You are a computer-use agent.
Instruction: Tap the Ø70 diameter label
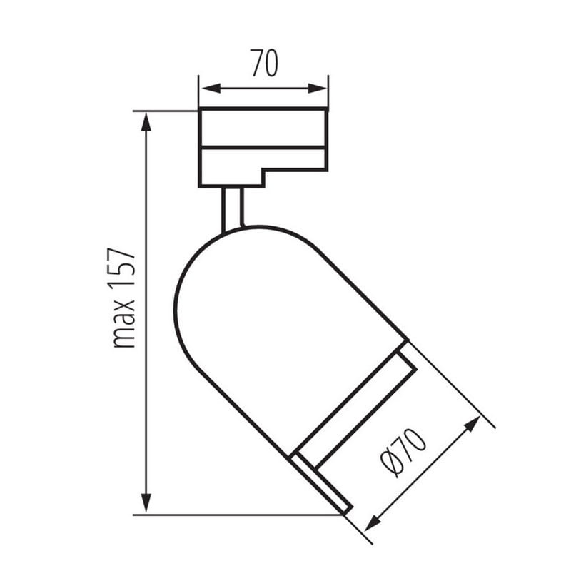[x=403, y=453]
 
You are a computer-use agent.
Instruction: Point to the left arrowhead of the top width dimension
[x=211, y=88]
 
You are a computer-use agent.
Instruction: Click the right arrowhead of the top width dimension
[x=318, y=88]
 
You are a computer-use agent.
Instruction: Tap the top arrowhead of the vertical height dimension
[x=146, y=122]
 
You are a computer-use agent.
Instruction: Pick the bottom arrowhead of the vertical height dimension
[x=146, y=503]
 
